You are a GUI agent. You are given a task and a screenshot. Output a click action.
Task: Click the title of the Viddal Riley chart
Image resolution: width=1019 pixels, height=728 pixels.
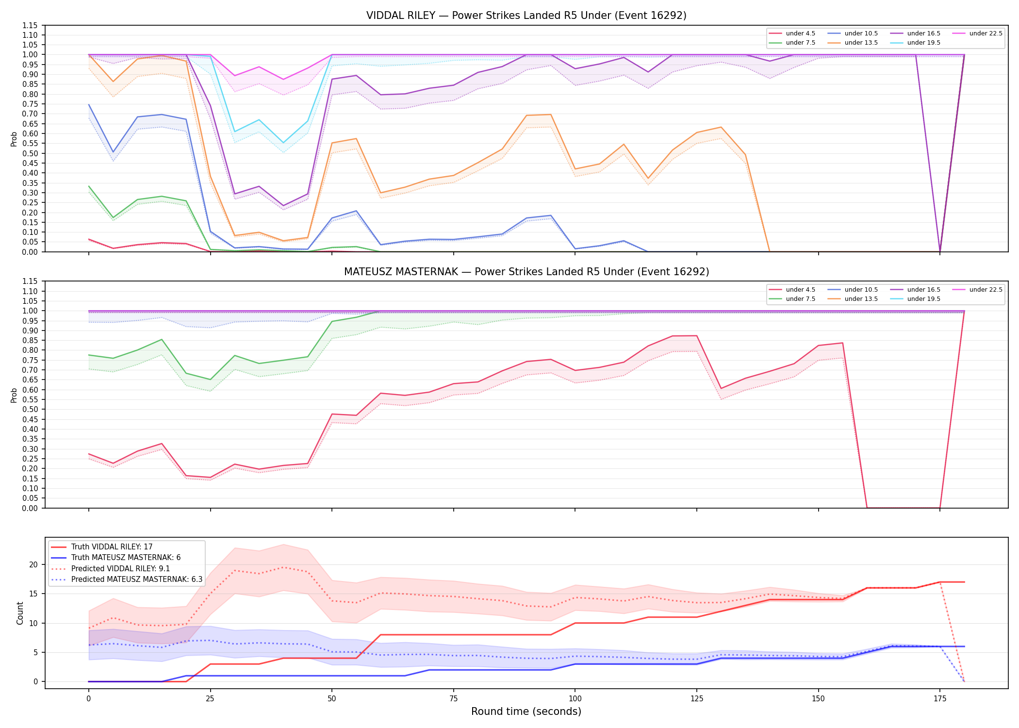pyautogui.click(x=526, y=16)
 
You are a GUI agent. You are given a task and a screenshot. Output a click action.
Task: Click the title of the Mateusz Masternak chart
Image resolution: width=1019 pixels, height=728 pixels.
pyautogui.click(x=526, y=272)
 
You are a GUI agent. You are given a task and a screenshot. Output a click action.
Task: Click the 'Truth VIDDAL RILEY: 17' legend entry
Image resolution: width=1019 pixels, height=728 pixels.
pyautogui.click(x=102, y=547)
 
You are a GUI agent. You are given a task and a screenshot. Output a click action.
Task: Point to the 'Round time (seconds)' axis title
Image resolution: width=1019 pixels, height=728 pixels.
pyautogui.click(x=526, y=711)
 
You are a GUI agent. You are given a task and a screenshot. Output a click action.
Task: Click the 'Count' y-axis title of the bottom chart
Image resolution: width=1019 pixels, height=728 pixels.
pyautogui.click(x=20, y=613)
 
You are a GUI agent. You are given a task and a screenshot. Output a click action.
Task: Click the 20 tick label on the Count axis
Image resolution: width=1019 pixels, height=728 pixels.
pyautogui.click(x=33, y=564)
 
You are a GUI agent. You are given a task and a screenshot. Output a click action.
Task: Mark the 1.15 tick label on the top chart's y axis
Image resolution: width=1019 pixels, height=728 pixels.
pyautogui.click(x=30, y=25)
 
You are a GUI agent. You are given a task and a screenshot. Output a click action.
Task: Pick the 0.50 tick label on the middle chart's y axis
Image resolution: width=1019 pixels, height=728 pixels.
pyautogui.click(x=30, y=410)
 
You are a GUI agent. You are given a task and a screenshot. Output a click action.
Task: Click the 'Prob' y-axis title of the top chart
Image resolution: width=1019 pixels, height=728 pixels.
pyautogui.click(x=14, y=139)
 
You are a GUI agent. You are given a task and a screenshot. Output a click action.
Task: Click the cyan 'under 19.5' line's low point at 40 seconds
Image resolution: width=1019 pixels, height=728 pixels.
pyautogui.click(x=283, y=143)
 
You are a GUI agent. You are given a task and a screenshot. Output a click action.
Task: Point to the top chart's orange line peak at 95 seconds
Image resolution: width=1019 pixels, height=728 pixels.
pyautogui.click(x=551, y=115)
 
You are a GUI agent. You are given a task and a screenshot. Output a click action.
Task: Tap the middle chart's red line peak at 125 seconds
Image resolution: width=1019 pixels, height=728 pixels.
pyautogui.click(x=697, y=336)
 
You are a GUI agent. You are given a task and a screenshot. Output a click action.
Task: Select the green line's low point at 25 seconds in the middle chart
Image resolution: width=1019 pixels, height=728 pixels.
pyautogui.click(x=210, y=380)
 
